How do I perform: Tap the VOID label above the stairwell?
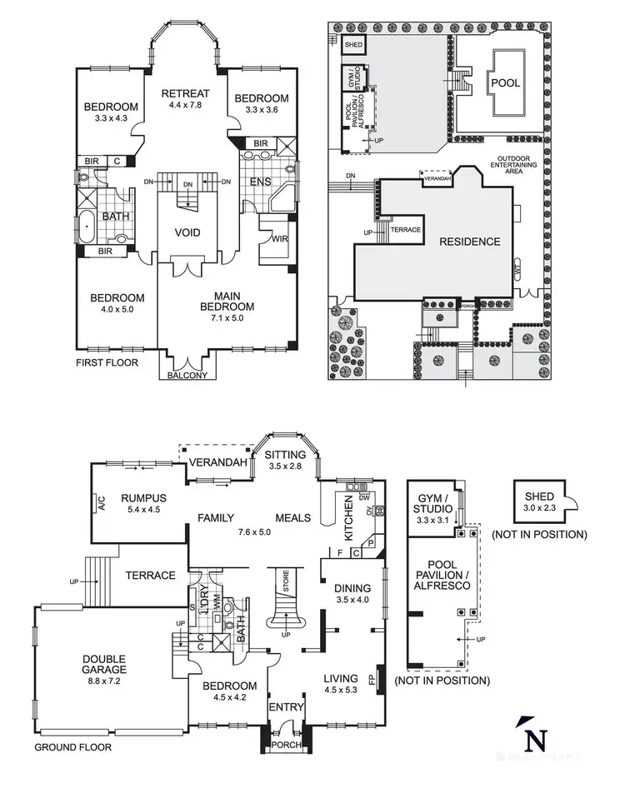coord(187,232)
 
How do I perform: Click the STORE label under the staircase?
coord(286,591)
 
